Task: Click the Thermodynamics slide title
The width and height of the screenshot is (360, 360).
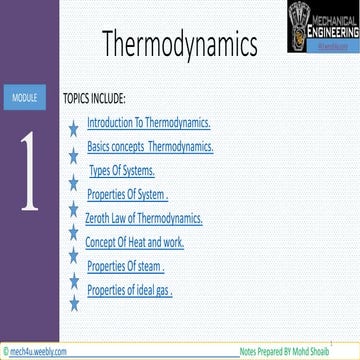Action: [179, 45]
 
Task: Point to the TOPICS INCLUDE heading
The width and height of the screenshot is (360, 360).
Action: [94, 100]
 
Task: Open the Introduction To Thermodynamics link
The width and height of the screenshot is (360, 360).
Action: [149, 124]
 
